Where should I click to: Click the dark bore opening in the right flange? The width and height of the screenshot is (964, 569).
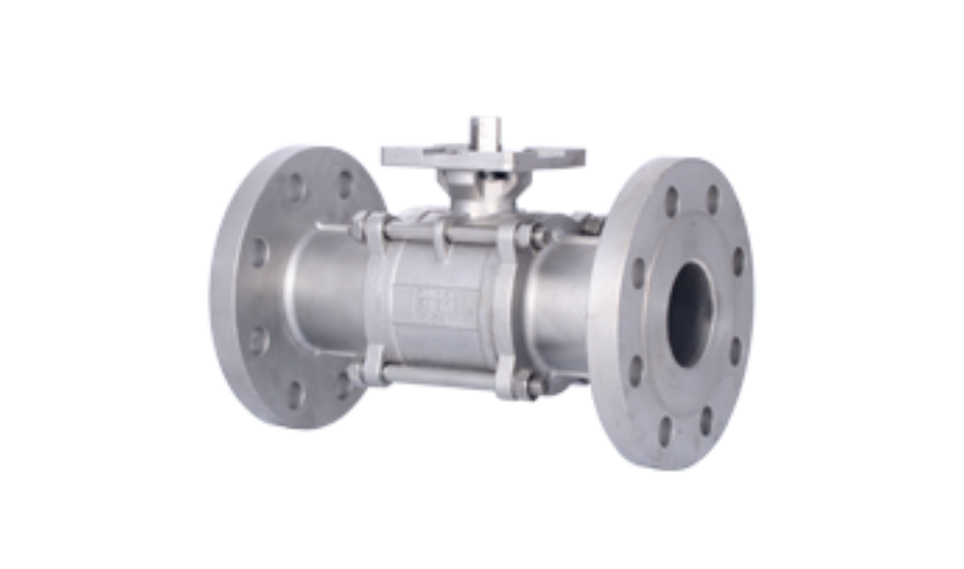tap(692, 312)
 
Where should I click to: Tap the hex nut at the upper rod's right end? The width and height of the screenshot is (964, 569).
tap(527, 234)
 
